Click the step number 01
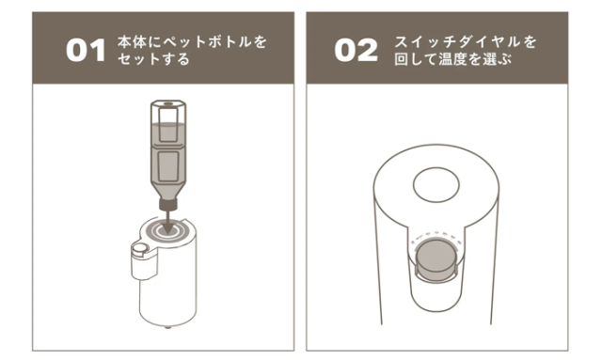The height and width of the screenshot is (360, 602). click(86, 50)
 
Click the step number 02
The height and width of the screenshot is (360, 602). click(356, 50)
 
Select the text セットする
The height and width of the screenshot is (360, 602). click(153, 59)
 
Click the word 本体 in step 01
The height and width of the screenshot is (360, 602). click(132, 42)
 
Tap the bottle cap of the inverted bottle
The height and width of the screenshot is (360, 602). click(168, 204)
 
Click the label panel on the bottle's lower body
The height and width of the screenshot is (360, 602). click(168, 165)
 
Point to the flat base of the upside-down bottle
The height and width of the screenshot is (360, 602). click(168, 103)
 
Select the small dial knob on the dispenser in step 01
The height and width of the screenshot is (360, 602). click(139, 248)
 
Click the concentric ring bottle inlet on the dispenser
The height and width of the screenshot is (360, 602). click(167, 230)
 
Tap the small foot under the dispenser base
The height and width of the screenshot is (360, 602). click(167, 327)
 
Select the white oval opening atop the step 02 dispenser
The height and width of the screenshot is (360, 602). click(436, 185)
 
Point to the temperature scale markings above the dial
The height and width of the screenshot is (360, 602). click(436, 235)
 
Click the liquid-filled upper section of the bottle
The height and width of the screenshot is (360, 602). click(168, 133)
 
